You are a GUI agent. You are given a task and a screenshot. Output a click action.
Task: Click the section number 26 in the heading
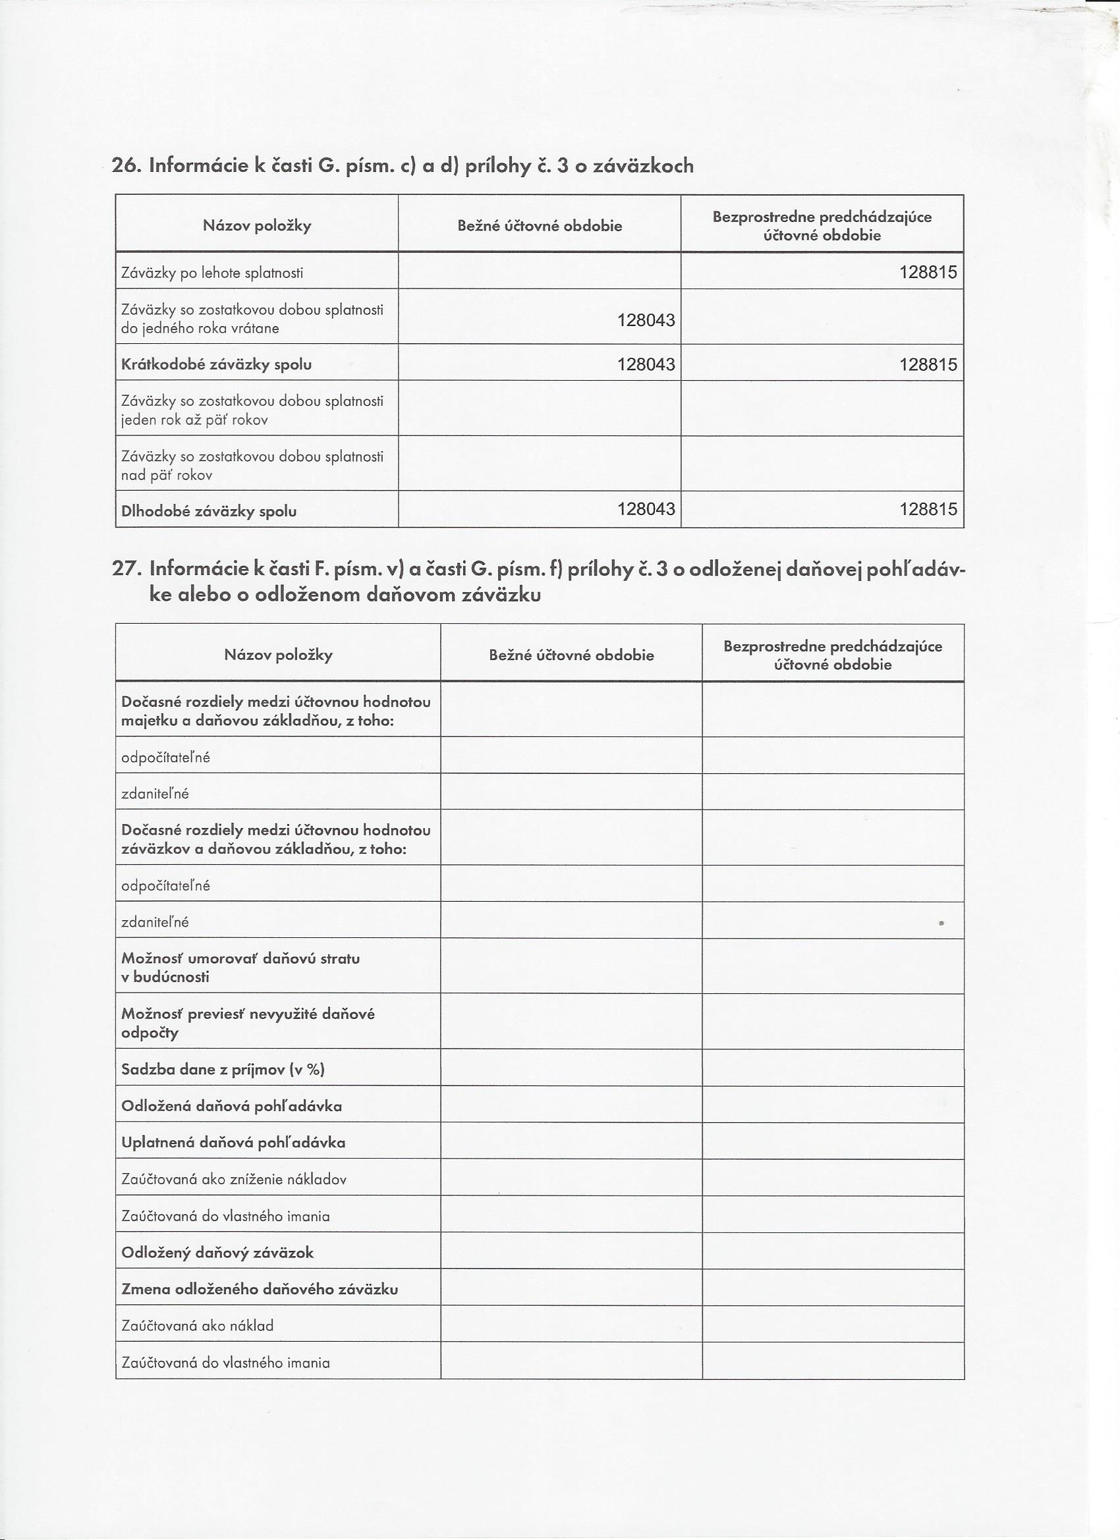(x=125, y=166)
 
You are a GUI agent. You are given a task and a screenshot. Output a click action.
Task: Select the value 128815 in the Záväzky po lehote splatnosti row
(x=928, y=272)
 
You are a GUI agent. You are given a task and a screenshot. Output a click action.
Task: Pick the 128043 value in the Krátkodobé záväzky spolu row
(x=646, y=365)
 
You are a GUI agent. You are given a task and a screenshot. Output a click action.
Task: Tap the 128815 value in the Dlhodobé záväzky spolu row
(x=928, y=509)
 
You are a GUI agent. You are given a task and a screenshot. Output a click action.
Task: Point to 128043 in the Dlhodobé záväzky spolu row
(x=646, y=509)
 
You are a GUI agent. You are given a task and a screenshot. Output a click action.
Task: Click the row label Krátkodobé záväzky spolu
(x=216, y=365)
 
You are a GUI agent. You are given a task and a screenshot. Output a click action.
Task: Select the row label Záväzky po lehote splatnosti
(x=212, y=273)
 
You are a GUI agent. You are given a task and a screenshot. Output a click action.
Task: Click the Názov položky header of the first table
(x=257, y=226)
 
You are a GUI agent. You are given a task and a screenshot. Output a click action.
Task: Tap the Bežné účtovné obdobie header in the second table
(x=571, y=655)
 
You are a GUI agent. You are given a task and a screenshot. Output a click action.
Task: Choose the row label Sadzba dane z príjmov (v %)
(x=223, y=1070)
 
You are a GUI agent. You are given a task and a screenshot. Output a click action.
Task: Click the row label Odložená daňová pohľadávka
(x=232, y=1106)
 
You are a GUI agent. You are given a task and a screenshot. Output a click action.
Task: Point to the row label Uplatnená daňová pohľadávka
(x=233, y=1143)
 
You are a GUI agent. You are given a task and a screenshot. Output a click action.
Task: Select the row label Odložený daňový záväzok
(x=217, y=1253)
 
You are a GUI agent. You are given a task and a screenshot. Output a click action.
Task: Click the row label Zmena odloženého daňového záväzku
(x=260, y=1290)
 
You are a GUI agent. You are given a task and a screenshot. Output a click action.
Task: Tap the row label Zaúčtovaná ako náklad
(x=197, y=1325)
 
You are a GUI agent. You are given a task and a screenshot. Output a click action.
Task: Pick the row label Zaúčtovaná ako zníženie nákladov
(x=234, y=1180)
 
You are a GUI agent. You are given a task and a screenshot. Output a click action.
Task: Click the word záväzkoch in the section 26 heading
(x=643, y=166)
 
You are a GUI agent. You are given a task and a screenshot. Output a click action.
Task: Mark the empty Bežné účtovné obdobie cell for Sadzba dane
(x=571, y=1069)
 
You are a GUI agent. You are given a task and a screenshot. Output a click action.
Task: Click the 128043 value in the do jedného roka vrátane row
(x=646, y=320)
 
